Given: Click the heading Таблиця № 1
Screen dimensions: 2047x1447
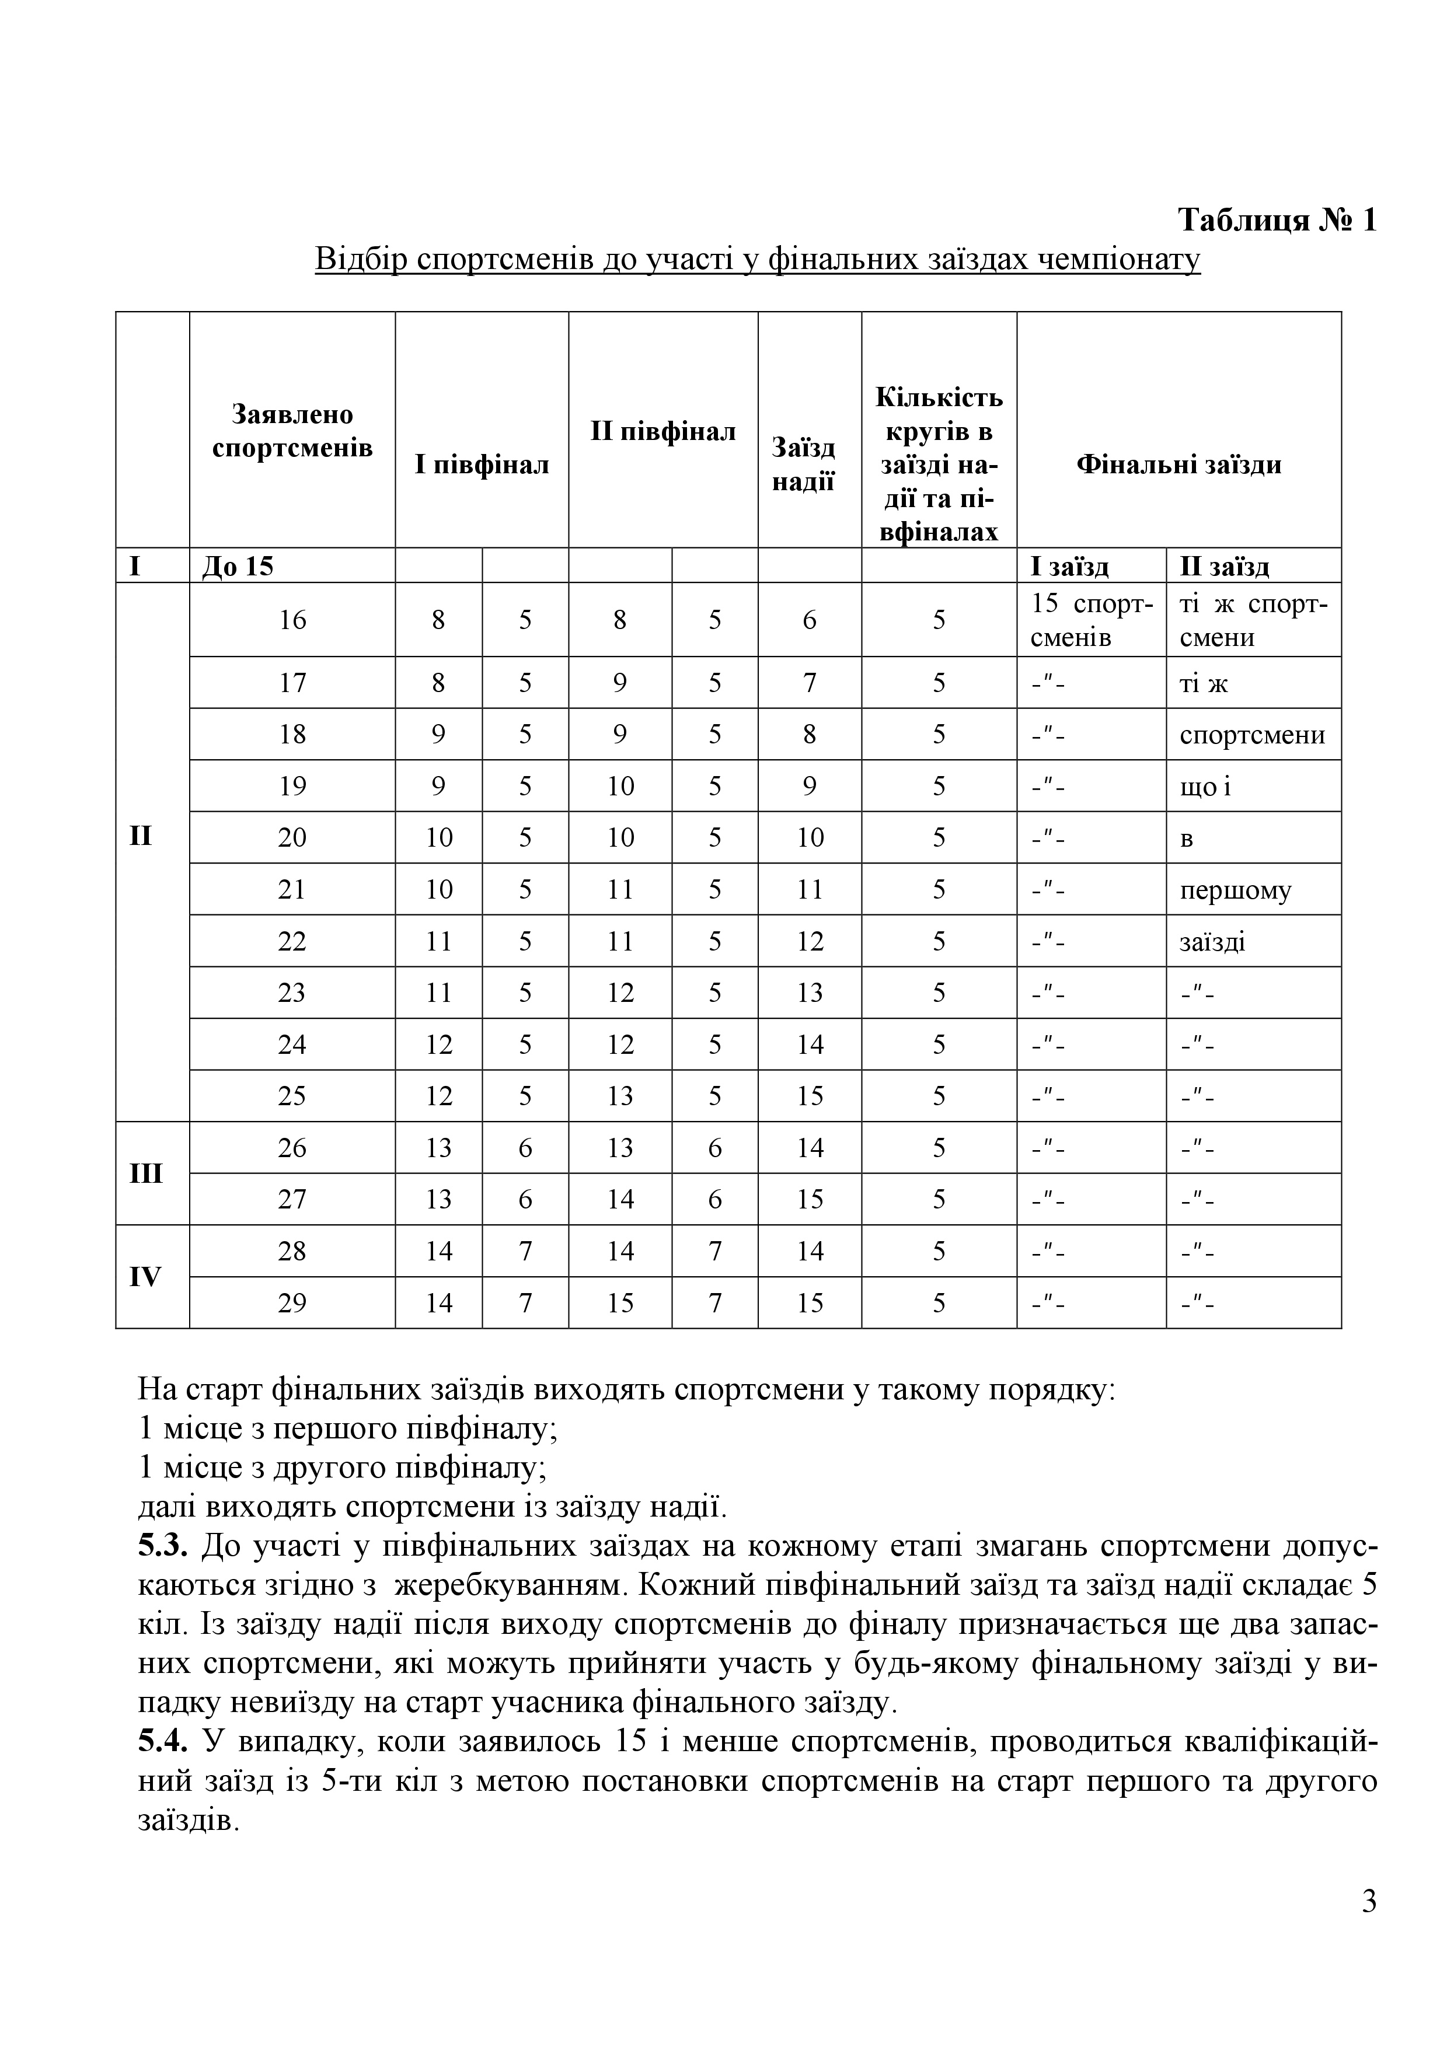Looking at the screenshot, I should [x=1277, y=219].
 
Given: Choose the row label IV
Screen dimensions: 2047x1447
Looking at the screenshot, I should [x=146, y=1277].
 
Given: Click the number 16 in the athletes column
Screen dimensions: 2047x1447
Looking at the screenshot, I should [x=292, y=620].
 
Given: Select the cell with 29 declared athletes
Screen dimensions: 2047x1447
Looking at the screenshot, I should [x=292, y=1304].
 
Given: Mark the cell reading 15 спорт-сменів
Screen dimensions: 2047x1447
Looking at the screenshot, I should [x=1092, y=620].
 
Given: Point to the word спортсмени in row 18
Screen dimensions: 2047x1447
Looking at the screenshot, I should [x=1251, y=735].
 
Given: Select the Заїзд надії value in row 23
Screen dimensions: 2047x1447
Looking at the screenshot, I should [x=810, y=993].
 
